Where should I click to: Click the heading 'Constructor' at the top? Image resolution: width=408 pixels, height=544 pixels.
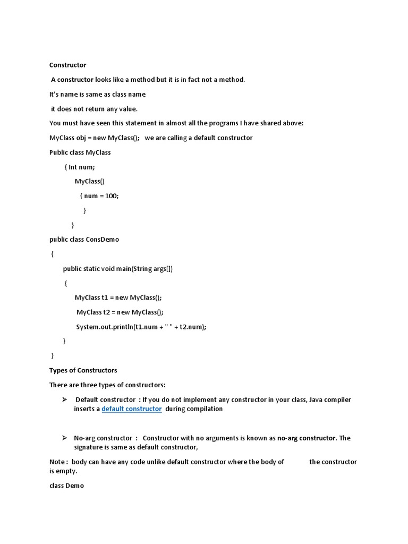(67, 65)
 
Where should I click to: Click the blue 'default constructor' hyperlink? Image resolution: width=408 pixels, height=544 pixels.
(131, 409)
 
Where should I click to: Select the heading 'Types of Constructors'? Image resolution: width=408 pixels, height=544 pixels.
(83, 370)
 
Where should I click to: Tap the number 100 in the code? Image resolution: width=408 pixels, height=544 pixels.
(111, 196)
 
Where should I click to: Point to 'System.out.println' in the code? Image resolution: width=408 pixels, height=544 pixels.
(104, 327)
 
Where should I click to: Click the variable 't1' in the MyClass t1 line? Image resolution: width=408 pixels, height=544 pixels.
(105, 297)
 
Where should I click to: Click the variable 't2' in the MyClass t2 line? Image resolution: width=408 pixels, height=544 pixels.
(107, 312)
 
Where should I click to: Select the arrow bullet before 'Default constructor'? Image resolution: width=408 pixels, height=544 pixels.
(64, 399)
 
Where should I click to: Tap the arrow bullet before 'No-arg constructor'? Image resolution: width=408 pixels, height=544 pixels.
(64, 438)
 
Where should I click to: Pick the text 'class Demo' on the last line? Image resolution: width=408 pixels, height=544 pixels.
(66, 486)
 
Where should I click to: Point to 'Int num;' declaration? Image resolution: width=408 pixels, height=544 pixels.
(82, 167)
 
